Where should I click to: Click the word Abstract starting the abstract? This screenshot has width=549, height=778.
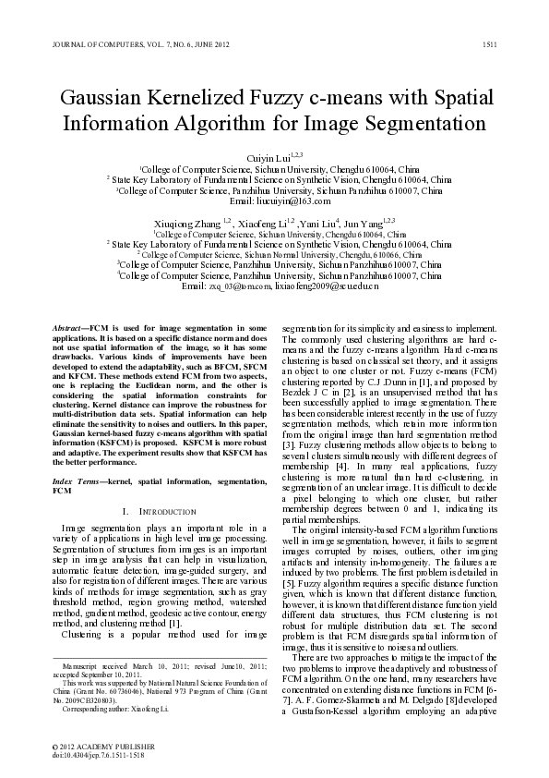[66, 328]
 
